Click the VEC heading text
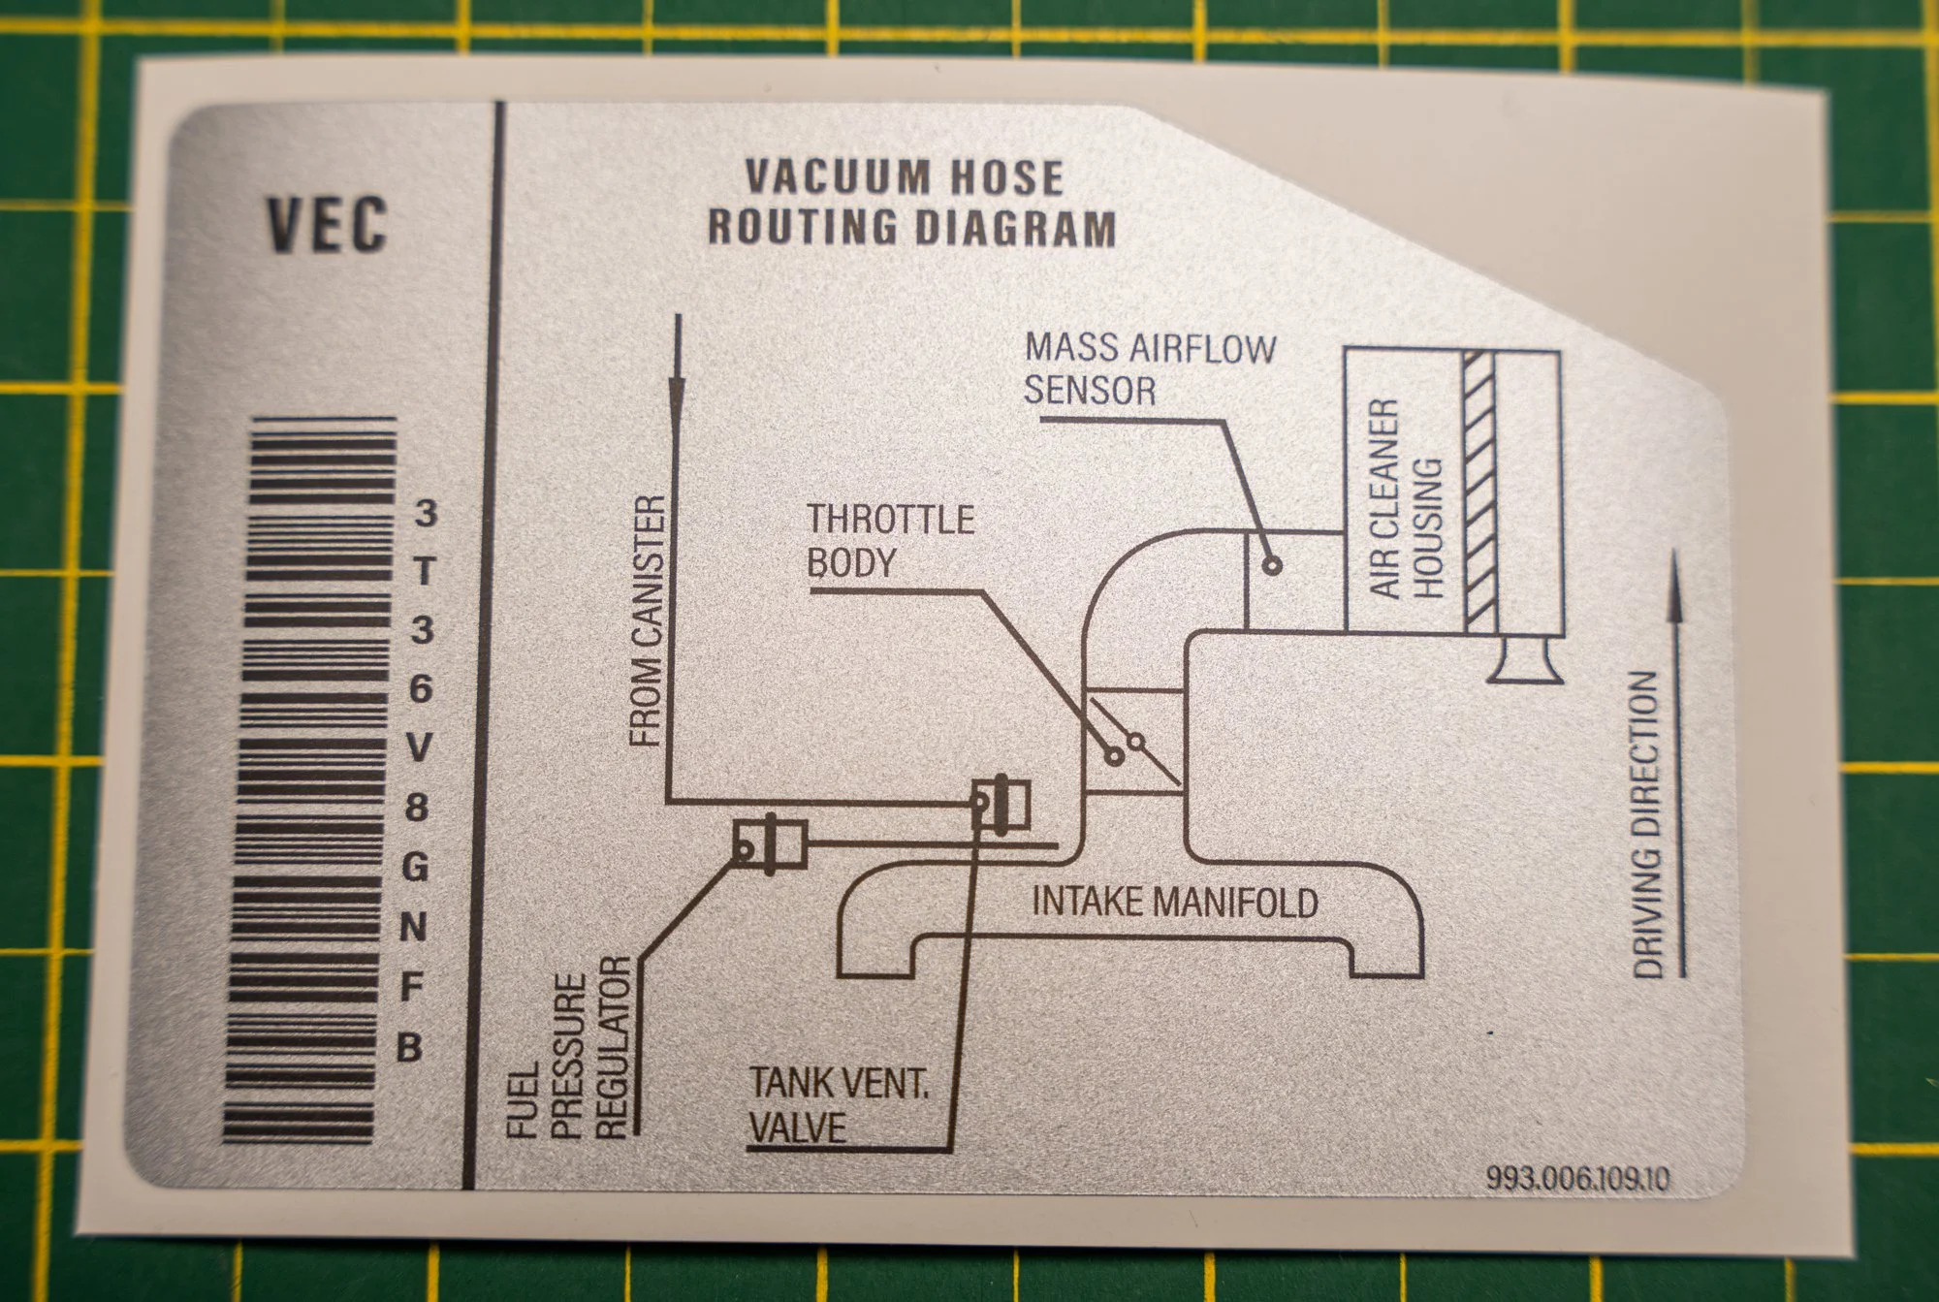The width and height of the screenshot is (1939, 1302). coord(328,225)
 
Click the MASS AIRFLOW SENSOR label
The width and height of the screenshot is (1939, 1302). coord(1150,369)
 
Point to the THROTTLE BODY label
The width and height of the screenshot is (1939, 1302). coord(890,541)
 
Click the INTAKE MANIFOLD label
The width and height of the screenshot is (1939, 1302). coord(1174,903)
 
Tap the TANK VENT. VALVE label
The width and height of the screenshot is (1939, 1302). coord(839,1105)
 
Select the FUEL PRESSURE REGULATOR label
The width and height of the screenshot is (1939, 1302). coord(570,1052)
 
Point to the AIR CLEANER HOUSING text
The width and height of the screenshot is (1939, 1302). coord(1406,500)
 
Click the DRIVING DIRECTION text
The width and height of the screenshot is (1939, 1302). coord(1647,824)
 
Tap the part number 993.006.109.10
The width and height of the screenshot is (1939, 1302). coord(1577,1178)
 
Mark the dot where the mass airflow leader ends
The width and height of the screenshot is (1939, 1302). coord(1272,565)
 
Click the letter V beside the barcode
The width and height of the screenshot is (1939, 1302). coord(419,747)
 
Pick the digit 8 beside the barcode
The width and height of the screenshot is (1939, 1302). coord(417,807)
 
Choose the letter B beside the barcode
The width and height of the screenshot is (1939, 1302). coord(409,1048)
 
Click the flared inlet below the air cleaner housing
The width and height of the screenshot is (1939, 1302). coord(1526,663)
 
